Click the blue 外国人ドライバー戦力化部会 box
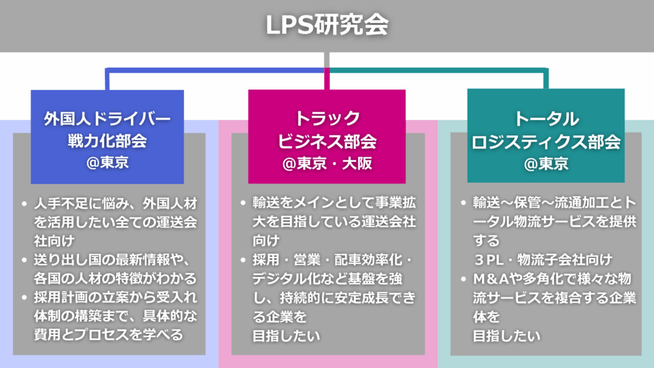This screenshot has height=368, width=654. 107,137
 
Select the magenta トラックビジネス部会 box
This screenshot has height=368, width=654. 326,137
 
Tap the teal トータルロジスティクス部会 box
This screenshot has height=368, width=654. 546,137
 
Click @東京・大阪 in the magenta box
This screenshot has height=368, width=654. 326,164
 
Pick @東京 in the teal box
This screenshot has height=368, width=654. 546,164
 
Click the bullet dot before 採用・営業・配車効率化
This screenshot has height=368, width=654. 243,261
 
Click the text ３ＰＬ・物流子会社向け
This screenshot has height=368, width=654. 542,260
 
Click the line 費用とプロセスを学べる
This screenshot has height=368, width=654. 109,334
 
